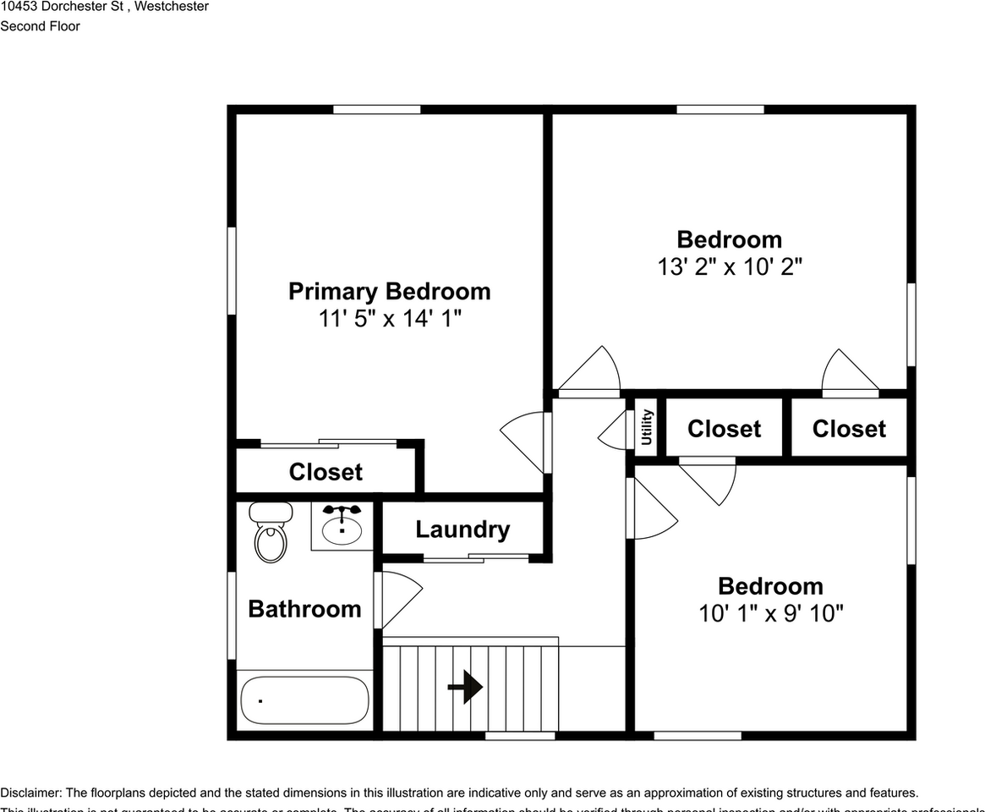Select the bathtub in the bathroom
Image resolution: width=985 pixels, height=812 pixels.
pos(304,700)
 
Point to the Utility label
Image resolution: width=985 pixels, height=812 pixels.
pos(647,427)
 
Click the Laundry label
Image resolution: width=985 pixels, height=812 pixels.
pos(462,529)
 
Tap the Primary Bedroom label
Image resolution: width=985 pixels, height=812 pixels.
pos(389,291)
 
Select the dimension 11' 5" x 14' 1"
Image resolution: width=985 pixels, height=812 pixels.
pos(390,319)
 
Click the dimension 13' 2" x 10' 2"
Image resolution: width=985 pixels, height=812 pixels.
pos(730,267)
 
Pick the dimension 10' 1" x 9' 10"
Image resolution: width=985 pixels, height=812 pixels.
pos(770,613)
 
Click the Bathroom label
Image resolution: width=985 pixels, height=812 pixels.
pos(304,609)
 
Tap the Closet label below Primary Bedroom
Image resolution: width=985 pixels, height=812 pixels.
pos(326,472)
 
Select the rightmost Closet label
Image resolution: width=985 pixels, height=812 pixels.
pos(849,429)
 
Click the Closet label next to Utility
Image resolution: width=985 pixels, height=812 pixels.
pos(724,429)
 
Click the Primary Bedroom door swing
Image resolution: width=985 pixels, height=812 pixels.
pos(524,440)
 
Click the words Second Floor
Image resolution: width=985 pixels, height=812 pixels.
pos(40,26)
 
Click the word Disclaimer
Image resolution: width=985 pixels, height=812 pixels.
pos(30,793)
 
